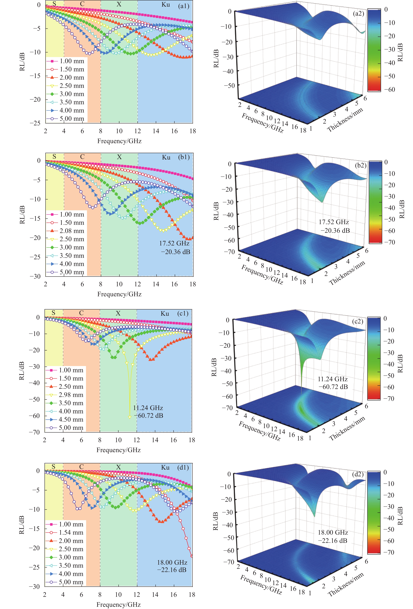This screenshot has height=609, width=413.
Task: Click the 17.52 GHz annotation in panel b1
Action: click(174, 243)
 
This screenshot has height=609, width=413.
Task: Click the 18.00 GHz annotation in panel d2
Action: click(333, 533)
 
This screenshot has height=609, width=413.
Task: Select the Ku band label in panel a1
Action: click(166, 4)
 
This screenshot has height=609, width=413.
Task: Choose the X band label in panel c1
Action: click(118, 313)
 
